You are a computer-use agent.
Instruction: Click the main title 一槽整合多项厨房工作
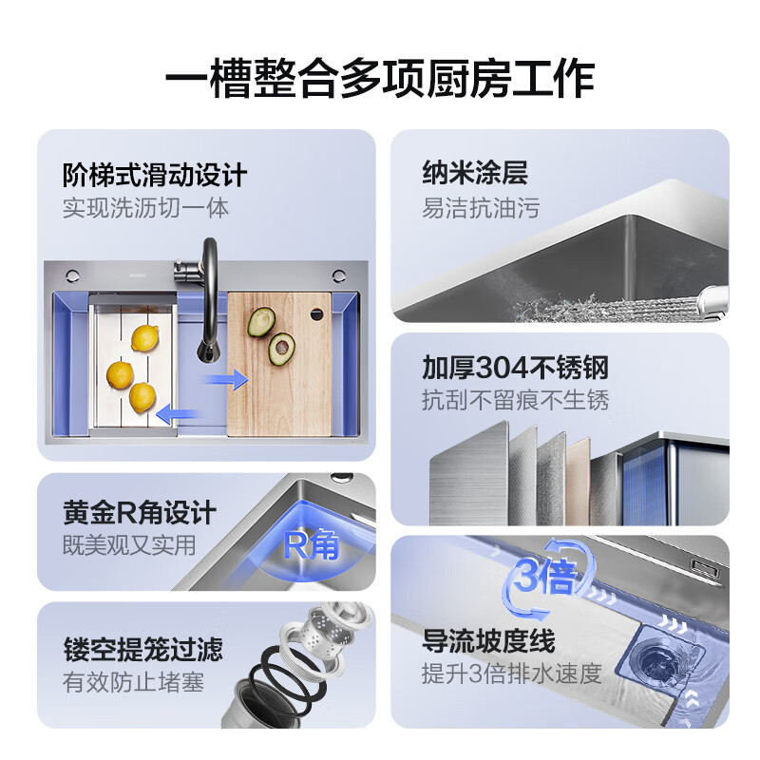(380, 77)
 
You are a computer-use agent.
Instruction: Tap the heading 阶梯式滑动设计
(154, 175)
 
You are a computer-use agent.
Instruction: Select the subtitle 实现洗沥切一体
(145, 207)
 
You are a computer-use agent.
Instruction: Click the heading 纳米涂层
(474, 174)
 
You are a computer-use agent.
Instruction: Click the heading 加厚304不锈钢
(515, 367)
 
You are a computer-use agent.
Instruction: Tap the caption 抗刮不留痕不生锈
(515, 399)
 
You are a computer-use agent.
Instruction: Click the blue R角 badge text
(311, 545)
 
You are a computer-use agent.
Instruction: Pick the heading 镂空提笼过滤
(142, 650)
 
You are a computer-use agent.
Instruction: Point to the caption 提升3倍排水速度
(512, 674)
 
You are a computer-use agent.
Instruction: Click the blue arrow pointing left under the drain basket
(178, 414)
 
